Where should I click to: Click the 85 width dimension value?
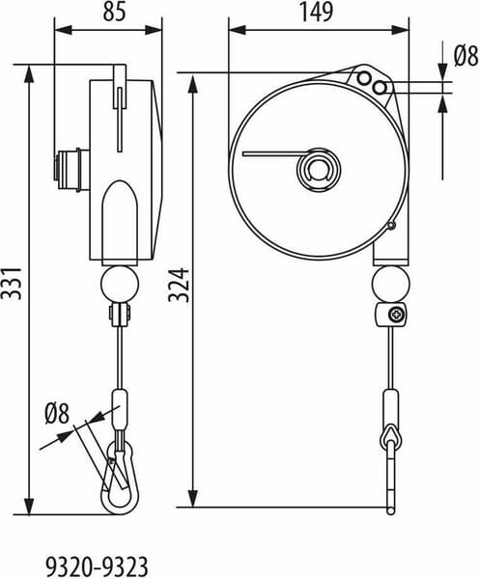click(x=114, y=12)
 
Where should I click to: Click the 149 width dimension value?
click(x=317, y=12)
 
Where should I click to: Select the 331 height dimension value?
click(x=11, y=283)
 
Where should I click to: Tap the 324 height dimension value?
click(x=179, y=286)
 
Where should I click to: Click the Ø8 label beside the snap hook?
click(x=57, y=414)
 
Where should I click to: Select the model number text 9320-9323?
click(x=98, y=566)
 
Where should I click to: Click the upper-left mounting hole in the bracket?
click(x=365, y=78)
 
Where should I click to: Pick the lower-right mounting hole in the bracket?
click(x=380, y=88)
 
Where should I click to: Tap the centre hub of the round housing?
click(x=319, y=169)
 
